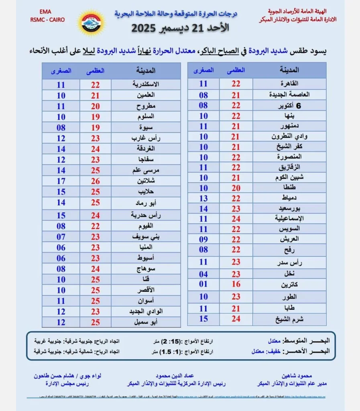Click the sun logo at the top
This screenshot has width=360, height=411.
(92, 22)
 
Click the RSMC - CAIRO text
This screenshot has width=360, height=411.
(47, 20)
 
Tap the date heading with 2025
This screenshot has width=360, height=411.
(181, 29)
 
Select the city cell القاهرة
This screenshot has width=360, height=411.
(289, 83)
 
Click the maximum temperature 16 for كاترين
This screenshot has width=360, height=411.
(236, 284)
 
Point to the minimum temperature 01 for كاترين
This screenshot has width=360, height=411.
(203, 284)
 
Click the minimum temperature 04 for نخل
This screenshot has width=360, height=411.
(203, 274)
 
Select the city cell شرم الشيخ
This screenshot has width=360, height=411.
(289, 319)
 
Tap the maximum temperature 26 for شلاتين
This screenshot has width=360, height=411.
(96, 181)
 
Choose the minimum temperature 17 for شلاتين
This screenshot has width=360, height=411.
(61, 181)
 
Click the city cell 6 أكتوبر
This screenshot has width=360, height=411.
(289, 105)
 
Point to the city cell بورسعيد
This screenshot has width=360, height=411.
(289, 209)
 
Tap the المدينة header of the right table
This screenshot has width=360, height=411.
(289, 70)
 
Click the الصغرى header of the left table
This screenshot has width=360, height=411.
(61, 71)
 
